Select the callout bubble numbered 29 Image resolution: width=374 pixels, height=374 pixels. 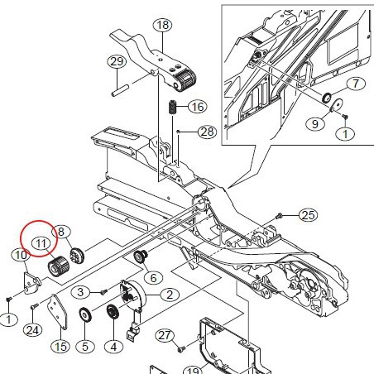[117, 62]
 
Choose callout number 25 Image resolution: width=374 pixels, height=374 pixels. [308, 215]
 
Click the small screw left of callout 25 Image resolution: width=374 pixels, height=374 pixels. [280, 214]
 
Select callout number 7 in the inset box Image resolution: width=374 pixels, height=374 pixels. [354, 84]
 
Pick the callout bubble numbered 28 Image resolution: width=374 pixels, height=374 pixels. [206, 132]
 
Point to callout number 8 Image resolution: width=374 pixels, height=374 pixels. [60, 232]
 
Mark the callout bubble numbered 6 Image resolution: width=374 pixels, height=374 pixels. [153, 278]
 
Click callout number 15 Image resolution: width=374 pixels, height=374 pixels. [60, 346]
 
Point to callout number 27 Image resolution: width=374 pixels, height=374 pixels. [165, 335]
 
